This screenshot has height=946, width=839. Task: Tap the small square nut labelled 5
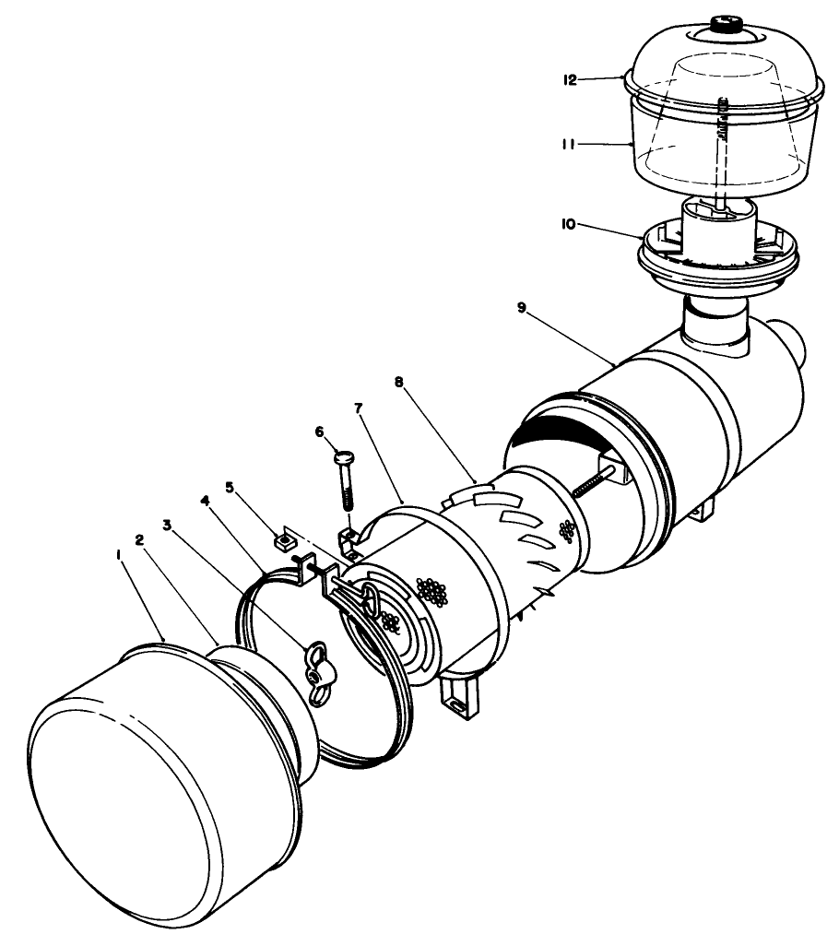[x=285, y=536]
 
